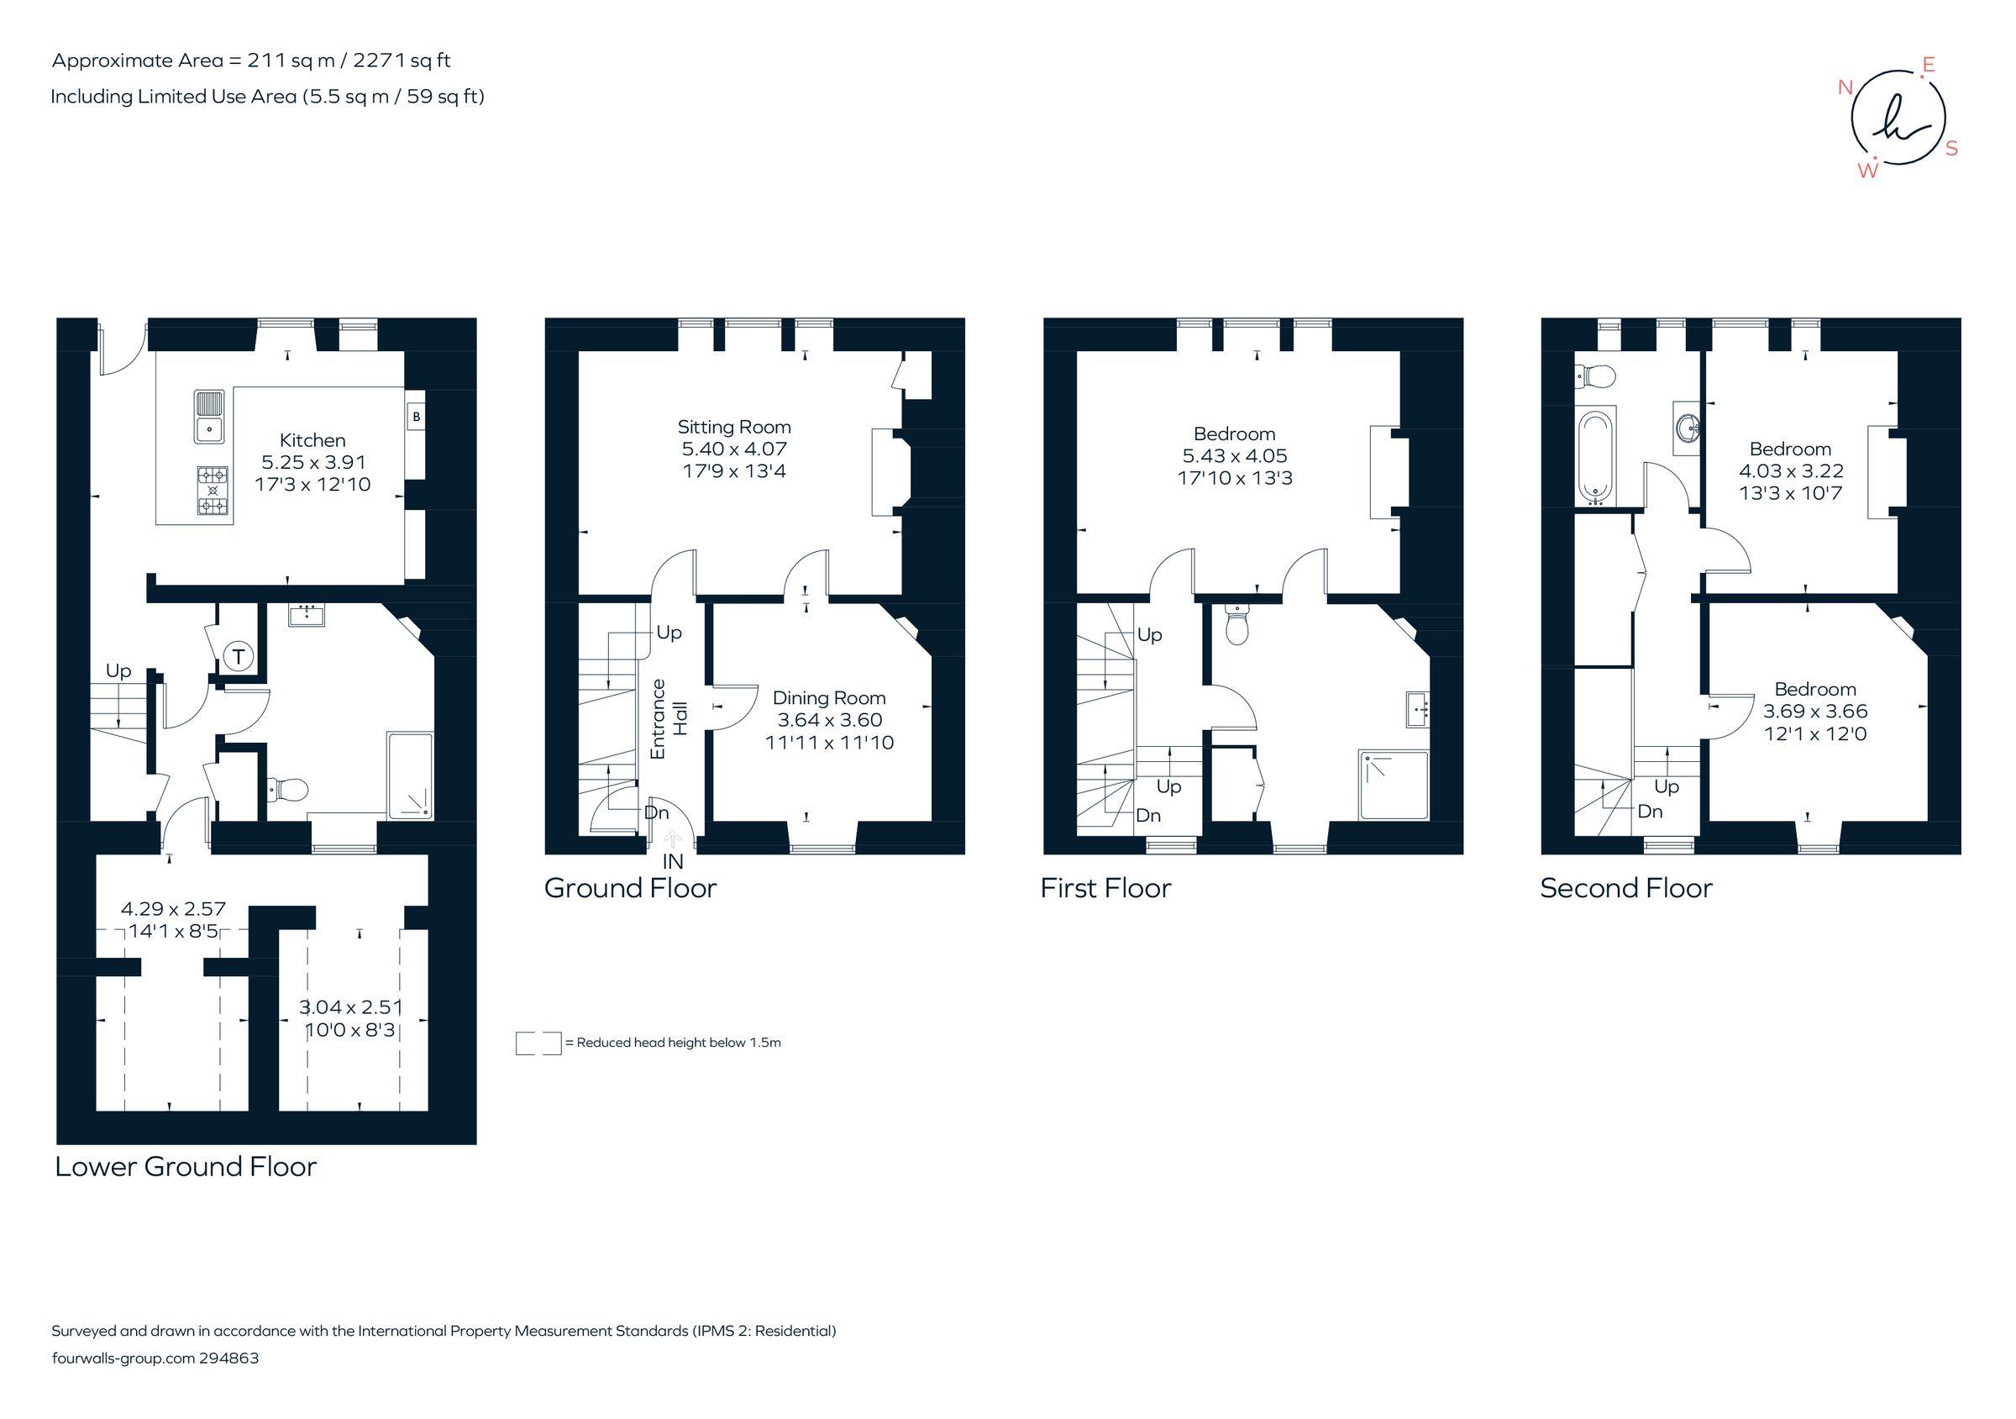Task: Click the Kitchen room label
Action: (312, 440)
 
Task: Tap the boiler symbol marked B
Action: (416, 416)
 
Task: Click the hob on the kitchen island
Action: (213, 490)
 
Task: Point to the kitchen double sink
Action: (210, 416)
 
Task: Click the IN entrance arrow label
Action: (673, 861)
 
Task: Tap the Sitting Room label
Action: (734, 428)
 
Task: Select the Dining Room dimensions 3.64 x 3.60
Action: (830, 720)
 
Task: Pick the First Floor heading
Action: (1105, 888)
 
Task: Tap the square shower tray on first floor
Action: (1394, 785)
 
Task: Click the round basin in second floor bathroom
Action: (1687, 428)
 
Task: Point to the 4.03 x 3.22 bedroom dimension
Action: (1791, 470)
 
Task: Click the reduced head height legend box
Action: (538, 1043)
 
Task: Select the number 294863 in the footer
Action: (229, 1358)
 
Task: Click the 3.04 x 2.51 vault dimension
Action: (350, 1007)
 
